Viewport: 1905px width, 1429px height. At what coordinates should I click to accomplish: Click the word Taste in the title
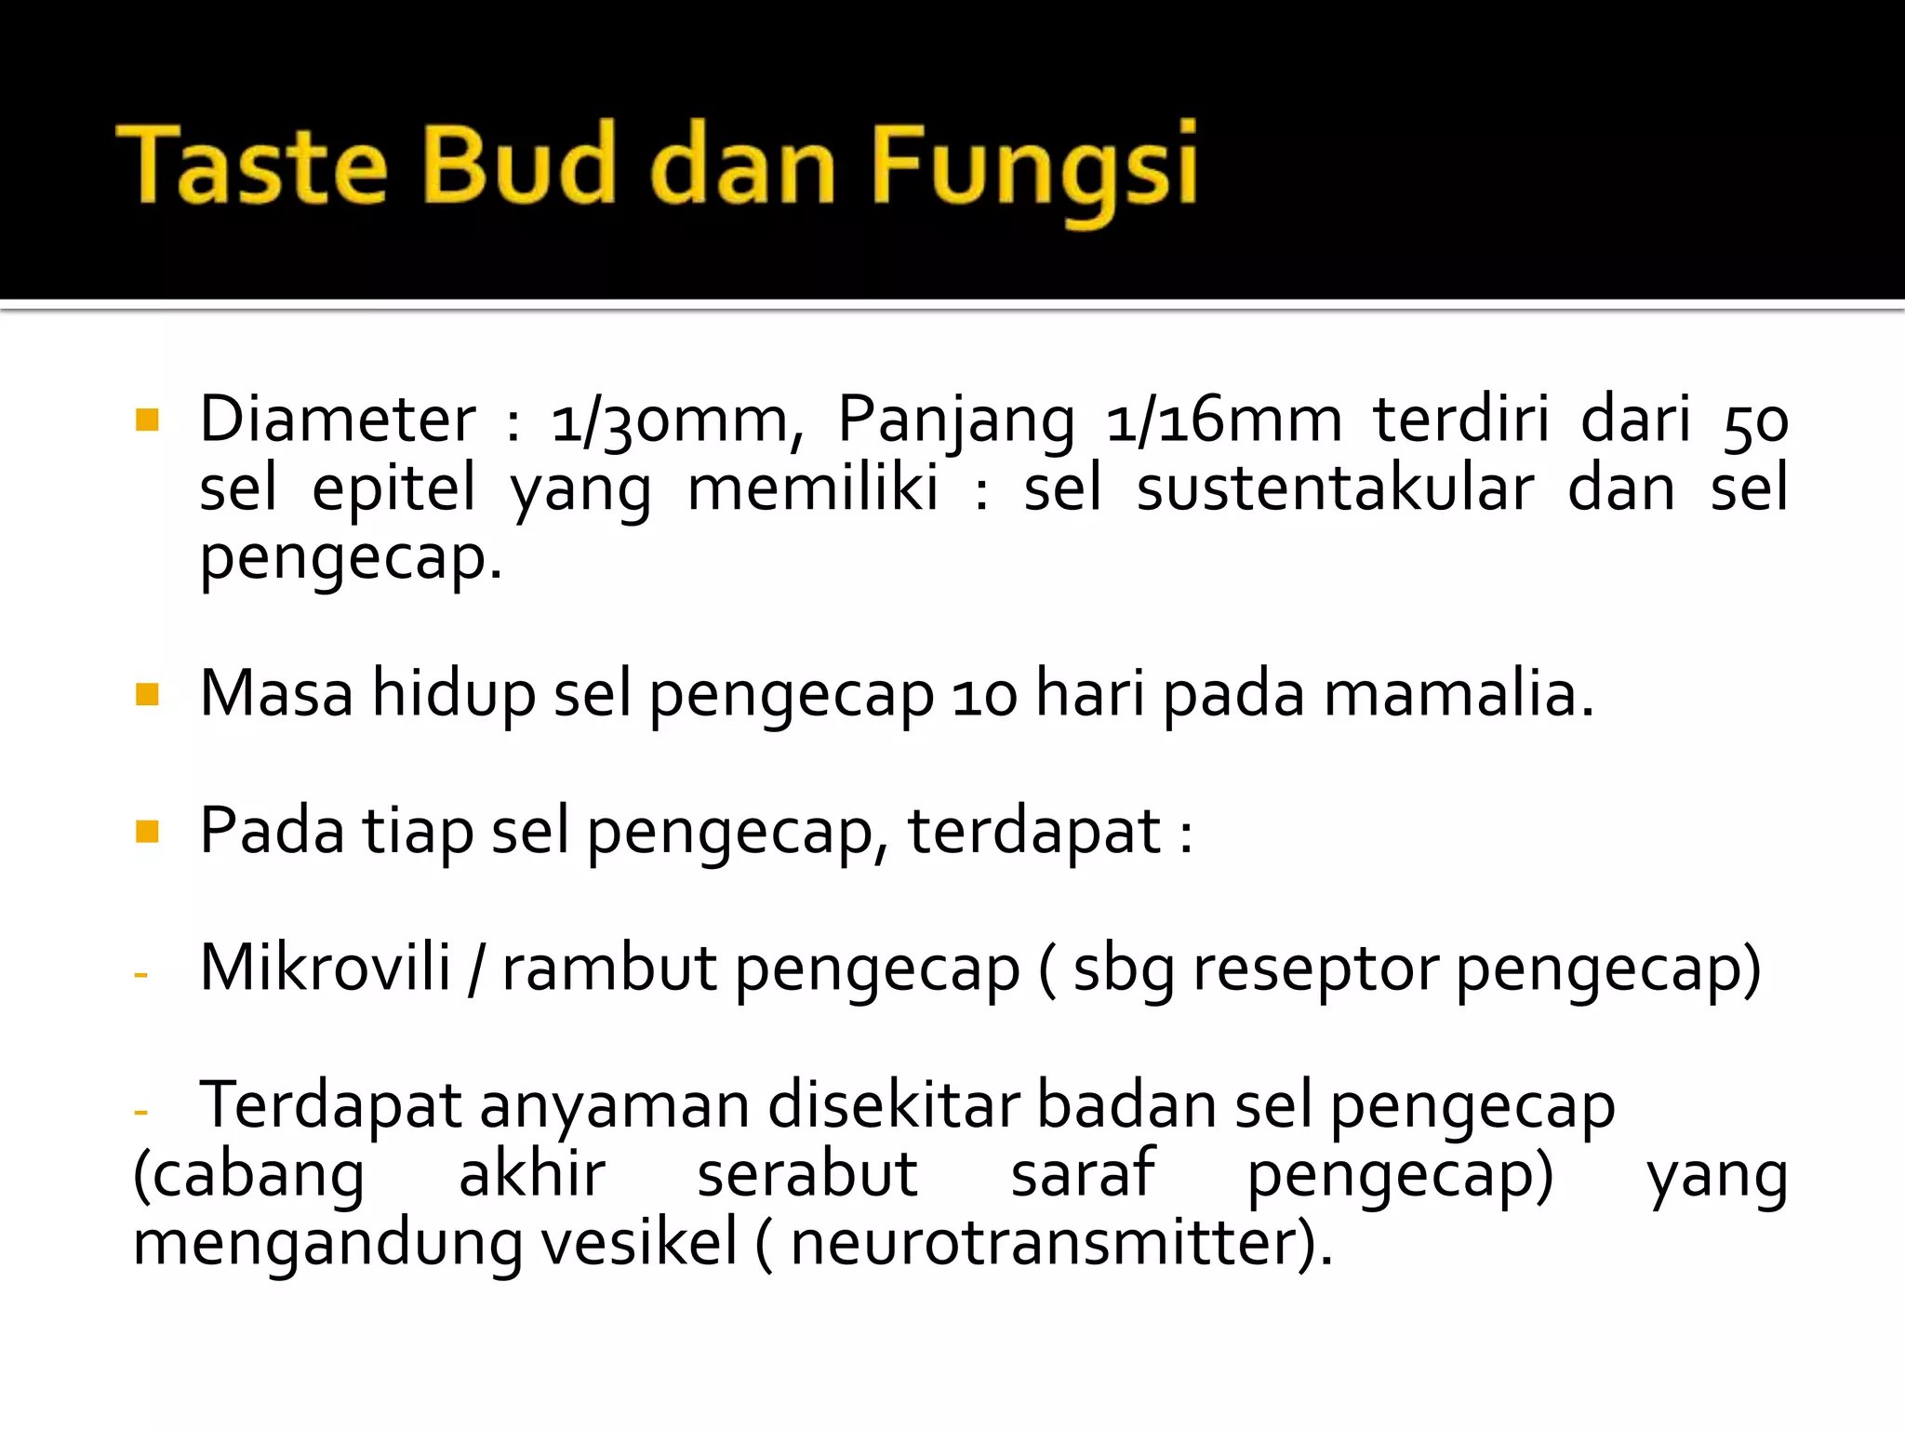[x=251, y=166]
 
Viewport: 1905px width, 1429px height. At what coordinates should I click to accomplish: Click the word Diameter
[x=338, y=420]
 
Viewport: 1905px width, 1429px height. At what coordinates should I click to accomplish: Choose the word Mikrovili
[x=326, y=968]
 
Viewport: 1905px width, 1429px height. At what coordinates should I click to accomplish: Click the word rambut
[x=610, y=968]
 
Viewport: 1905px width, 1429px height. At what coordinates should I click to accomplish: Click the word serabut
[x=807, y=1174]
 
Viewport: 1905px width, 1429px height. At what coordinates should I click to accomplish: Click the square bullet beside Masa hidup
[x=147, y=694]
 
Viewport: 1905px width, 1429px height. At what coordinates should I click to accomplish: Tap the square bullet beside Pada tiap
[x=147, y=830]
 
